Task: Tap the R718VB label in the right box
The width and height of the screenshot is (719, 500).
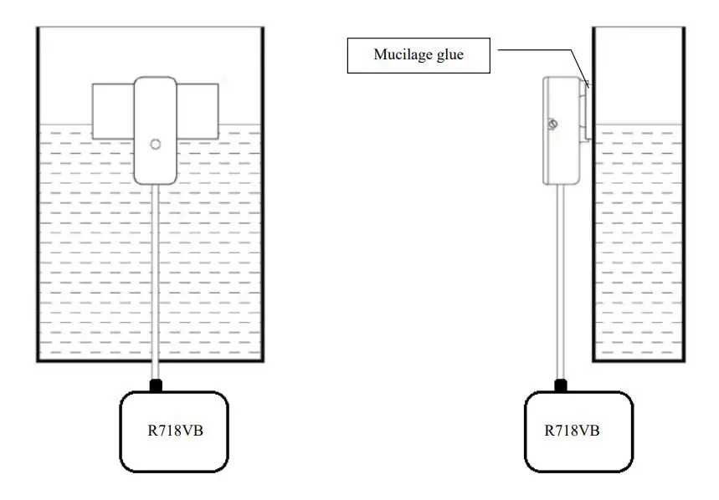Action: [572, 431]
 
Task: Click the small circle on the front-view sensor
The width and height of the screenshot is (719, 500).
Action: [155, 144]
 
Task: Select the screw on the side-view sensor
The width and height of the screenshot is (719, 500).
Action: [552, 125]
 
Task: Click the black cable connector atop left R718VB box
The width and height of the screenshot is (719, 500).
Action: [155, 385]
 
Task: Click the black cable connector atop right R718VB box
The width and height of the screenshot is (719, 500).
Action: [560, 385]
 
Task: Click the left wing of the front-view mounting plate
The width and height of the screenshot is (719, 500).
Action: [112, 111]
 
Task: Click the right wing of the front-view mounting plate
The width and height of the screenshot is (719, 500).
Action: [198, 111]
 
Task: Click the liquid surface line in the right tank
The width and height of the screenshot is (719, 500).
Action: [639, 126]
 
